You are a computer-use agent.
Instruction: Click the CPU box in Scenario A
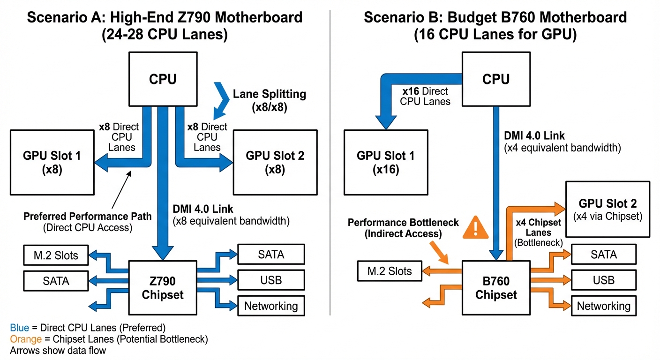point(163,79)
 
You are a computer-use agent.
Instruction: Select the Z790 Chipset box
point(163,287)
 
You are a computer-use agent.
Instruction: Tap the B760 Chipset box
point(496,287)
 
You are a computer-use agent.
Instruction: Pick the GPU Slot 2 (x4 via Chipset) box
point(607,209)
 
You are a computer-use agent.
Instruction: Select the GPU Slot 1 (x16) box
point(385,162)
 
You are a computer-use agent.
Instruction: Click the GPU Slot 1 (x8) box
point(52,162)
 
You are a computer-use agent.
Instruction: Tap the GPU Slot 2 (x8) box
point(275,162)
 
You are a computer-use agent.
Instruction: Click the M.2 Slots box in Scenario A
point(56,256)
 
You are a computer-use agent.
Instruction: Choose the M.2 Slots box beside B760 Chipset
point(390,270)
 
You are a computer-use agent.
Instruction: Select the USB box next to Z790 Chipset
point(271,280)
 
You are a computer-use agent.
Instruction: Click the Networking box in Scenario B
point(603,306)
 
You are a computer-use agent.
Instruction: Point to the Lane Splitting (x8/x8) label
point(269,100)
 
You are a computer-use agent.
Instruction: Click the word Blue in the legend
point(19,327)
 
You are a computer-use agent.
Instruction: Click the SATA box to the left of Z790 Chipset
point(56,281)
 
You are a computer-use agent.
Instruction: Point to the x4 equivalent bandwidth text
point(562,148)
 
